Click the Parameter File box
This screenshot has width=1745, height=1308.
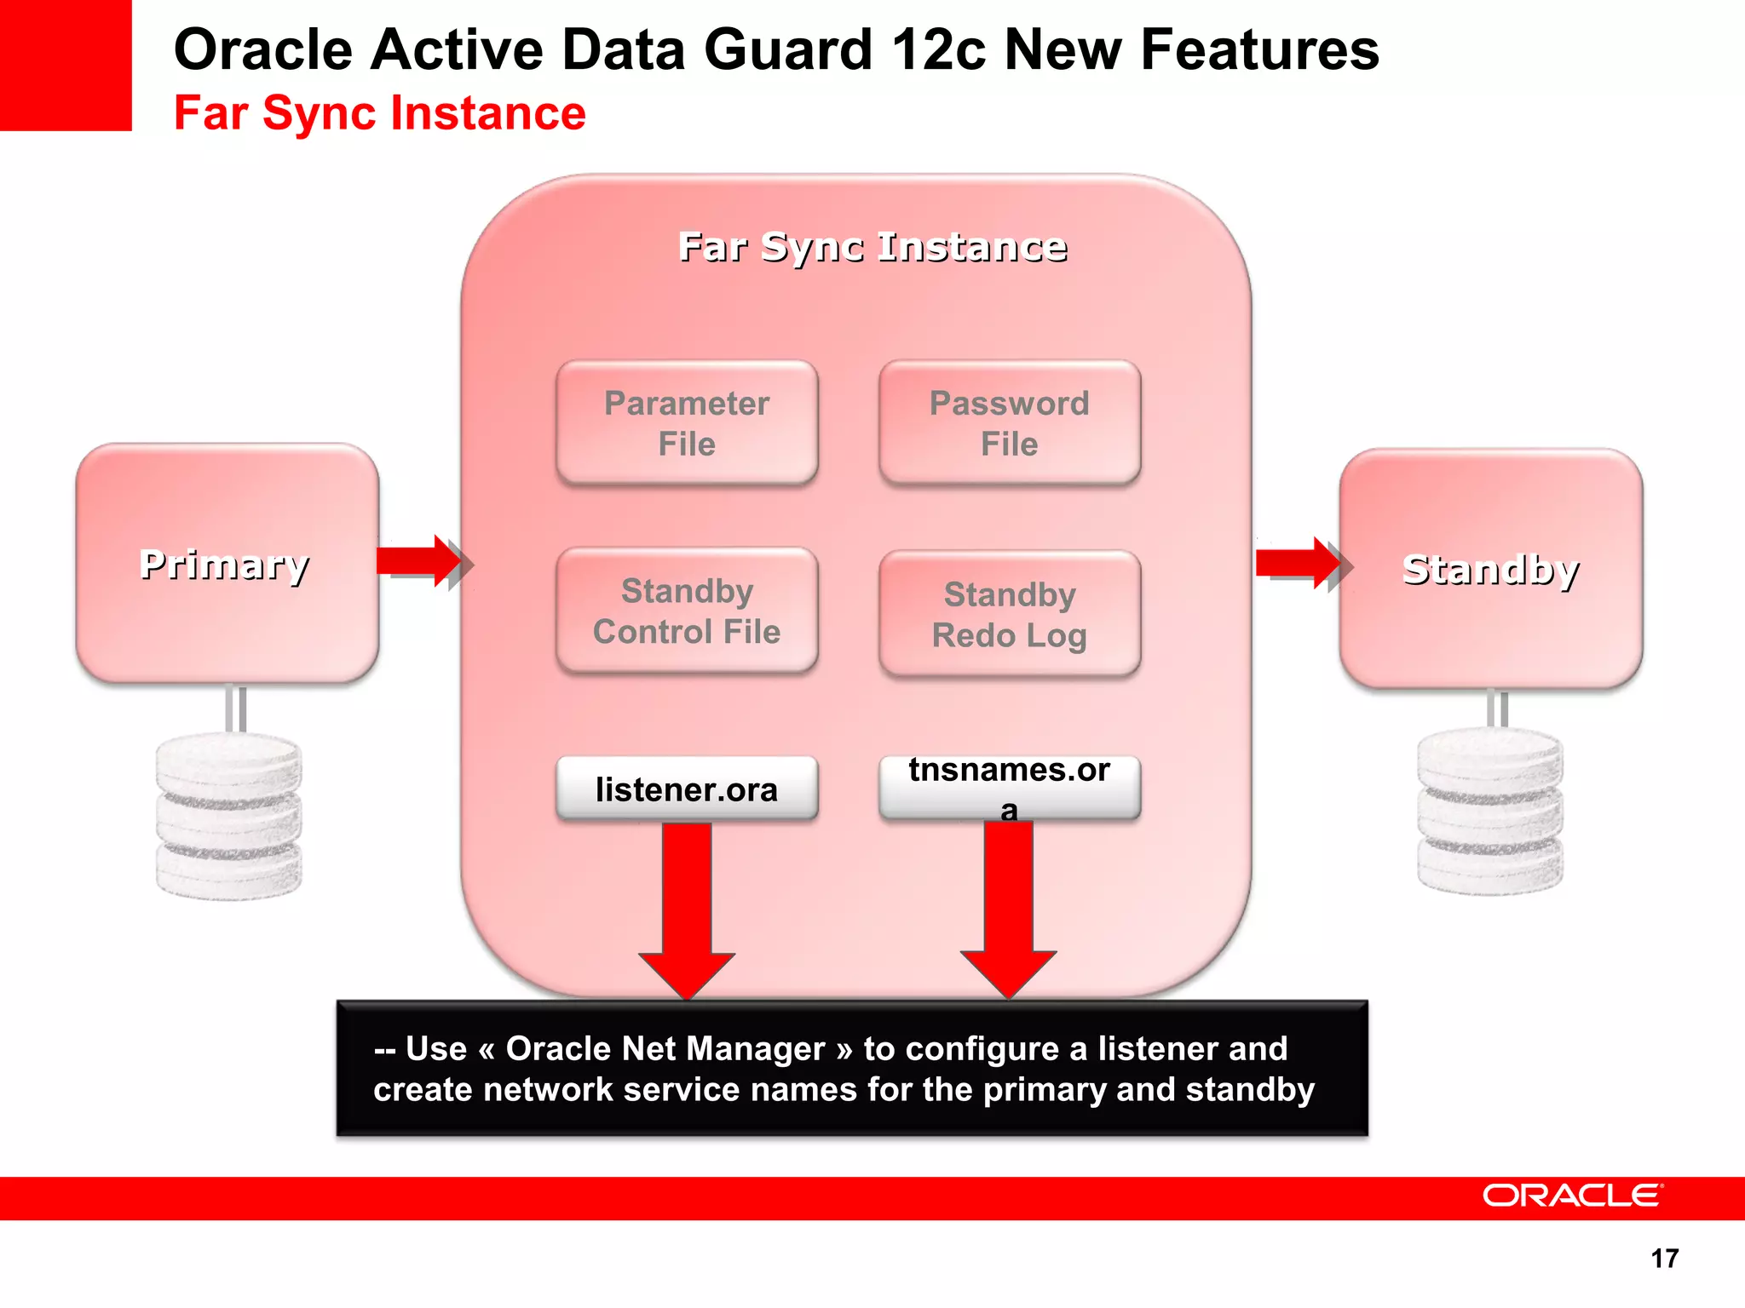[687, 423]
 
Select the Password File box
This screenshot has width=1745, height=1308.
[1009, 423]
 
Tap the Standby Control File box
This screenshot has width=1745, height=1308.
[687, 611]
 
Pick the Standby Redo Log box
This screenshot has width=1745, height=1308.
[1009, 614]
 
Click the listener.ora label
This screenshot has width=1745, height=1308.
[687, 789]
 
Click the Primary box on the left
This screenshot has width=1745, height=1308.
[227, 563]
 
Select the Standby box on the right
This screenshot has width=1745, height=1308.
[1490, 568]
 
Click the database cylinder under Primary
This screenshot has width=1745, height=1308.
[228, 816]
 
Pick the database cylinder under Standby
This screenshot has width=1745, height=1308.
[1490, 811]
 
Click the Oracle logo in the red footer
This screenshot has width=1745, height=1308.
[1572, 1196]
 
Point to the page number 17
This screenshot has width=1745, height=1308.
[1664, 1258]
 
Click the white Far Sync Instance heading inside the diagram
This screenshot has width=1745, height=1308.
[872, 247]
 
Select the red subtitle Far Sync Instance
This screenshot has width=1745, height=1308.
[380, 112]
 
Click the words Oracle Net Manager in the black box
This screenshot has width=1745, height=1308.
[665, 1048]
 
